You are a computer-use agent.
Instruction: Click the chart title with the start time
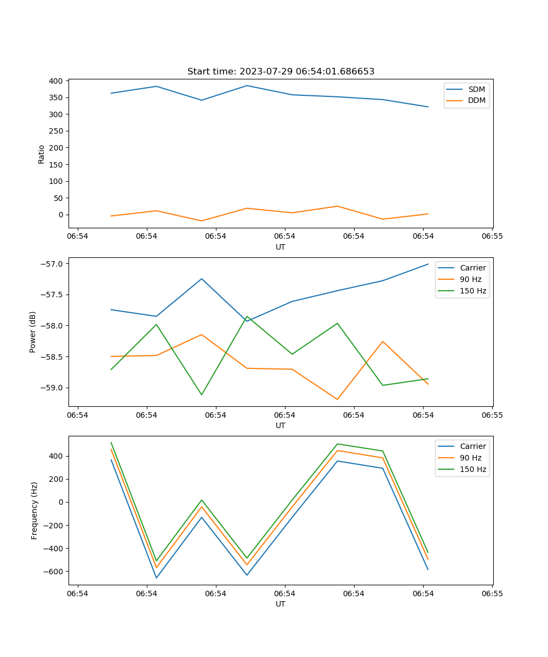tap(281, 72)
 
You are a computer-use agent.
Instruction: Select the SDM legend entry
tap(476, 89)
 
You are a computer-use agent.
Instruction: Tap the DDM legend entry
tap(477, 100)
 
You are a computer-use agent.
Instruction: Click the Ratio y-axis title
tap(42, 154)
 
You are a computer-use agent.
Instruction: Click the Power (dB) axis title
tap(33, 332)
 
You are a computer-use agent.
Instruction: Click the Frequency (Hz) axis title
tap(35, 510)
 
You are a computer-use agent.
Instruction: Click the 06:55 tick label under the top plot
tap(492, 237)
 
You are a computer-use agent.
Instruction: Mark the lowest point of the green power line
tap(202, 395)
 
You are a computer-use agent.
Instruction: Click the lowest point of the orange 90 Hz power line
tap(338, 400)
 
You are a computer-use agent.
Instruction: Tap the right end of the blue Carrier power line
tap(428, 264)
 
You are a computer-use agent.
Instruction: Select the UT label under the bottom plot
tap(281, 604)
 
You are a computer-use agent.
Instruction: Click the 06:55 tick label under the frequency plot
tap(492, 593)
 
